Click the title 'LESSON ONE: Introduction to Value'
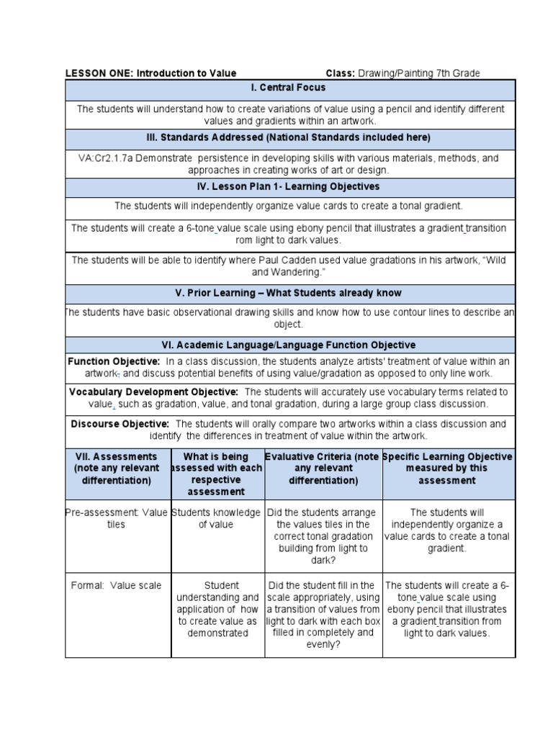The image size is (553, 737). coord(150,73)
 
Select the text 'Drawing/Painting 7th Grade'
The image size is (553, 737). coord(418,73)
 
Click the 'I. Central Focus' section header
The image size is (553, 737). coord(290,88)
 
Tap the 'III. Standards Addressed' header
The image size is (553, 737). coord(290,137)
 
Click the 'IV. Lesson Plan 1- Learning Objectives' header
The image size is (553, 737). coord(290,186)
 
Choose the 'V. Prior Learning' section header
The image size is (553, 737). coord(290,293)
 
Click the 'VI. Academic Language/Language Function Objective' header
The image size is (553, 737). coord(290,345)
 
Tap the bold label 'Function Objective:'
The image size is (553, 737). coord(114,361)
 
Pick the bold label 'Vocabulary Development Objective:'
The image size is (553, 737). coord(153,392)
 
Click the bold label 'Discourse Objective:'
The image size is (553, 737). coord(120,424)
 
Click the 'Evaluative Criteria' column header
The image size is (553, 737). coord(323,468)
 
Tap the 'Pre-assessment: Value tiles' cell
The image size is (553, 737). coord(116,518)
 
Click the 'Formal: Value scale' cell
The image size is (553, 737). coord(116,586)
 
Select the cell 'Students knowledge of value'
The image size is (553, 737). coord(217,518)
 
